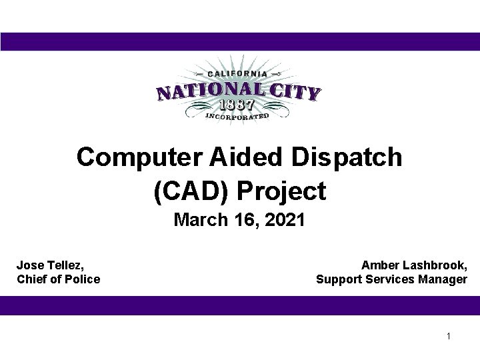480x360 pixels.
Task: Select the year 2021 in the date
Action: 284,221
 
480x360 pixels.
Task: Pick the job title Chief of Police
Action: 58,279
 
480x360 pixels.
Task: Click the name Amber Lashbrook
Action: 413,265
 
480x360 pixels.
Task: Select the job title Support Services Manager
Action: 391,279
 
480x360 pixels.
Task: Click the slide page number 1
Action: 449,336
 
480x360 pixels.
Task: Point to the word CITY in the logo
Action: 294,92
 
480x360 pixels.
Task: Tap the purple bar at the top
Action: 240,41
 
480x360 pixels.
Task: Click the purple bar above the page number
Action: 240,305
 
